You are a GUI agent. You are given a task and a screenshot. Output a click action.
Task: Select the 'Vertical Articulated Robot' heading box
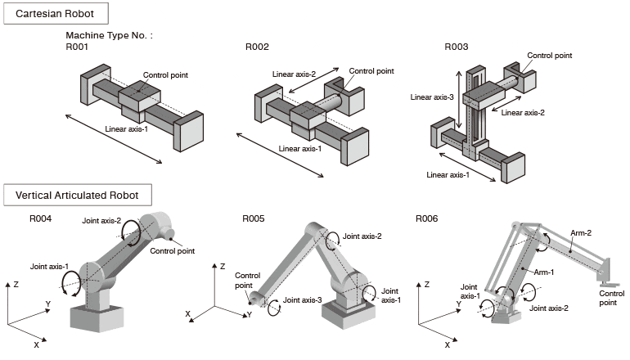click(78, 196)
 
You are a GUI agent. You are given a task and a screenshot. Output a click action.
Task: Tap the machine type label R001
click(77, 47)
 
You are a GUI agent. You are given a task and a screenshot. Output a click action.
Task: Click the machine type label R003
click(456, 47)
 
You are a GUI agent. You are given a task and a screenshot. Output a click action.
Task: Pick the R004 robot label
click(41, 218)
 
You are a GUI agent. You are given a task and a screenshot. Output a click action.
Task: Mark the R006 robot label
click(427, 218)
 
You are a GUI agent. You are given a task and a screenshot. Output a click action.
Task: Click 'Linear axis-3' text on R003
click(431, 97)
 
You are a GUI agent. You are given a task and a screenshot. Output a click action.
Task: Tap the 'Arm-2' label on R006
click(582, 233)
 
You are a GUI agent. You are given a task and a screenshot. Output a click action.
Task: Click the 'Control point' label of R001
click(165, 75)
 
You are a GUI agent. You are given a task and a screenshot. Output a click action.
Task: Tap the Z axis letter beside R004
click(16, 284)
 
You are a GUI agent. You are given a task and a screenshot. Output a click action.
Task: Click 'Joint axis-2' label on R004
click(101, 221)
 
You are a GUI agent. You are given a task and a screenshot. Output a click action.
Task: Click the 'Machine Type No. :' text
click(109, 36)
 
